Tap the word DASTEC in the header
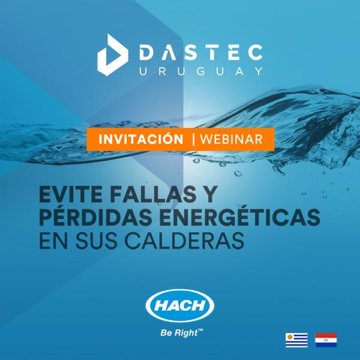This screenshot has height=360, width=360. coord(201,52)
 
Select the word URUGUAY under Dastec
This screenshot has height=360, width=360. coord(201,71)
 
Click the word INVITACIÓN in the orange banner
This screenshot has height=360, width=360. coord(141,139)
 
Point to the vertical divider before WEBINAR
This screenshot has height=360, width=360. coord(193,139)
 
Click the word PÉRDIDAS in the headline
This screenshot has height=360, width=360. coord(97,217)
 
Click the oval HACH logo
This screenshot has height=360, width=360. coord(179,306)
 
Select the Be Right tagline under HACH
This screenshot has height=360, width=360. coord(176,331)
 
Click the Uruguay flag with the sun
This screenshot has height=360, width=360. coord(296,340)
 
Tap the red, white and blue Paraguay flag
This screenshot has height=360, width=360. coord(326,340)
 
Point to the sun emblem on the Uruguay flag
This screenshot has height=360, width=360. coord(290,337)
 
